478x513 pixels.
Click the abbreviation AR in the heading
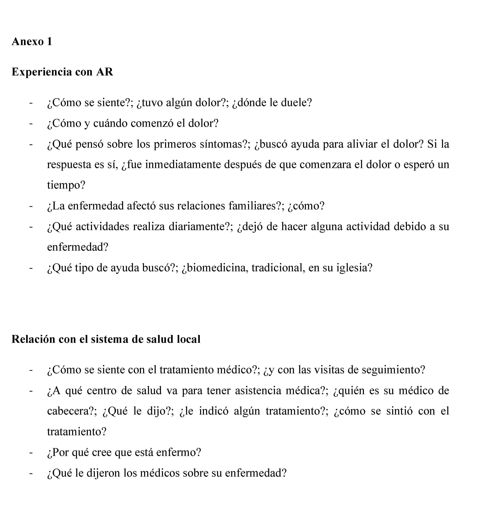(x=105, y=72)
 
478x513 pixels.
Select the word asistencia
(x=258, y=390)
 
